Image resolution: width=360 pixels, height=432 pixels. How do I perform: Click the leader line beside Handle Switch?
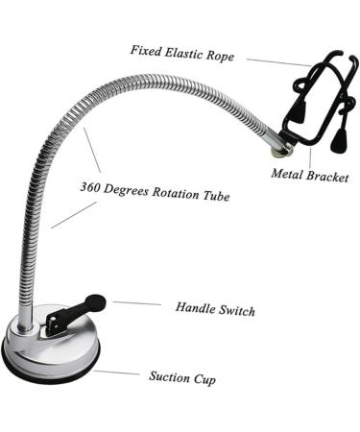click(x=135, y=303)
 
